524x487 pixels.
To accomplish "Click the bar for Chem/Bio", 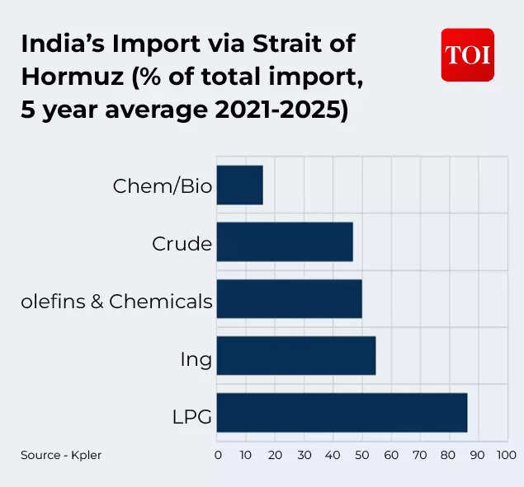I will coord(239,185).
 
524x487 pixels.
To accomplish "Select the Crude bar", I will coord(285,242).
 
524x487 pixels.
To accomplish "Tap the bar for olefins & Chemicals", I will coord(289,299).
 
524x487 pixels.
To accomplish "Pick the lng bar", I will coord(296,356).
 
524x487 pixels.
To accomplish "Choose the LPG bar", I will coord(342,413).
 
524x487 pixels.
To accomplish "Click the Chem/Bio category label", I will coord(162,187).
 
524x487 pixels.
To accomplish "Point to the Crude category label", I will coord(182,244).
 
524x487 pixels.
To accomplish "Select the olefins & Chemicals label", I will coord(116,302).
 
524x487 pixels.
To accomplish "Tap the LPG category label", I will coord(191,417).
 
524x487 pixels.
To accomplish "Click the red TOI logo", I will coord(467,55).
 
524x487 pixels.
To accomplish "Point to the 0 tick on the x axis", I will coord(218,455).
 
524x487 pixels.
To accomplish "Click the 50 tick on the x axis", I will coord(361,455).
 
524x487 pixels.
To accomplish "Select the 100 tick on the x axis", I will coord(506,455).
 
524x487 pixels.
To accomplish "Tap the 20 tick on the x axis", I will coord(275,455).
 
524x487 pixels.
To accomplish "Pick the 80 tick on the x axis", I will coord(448,455).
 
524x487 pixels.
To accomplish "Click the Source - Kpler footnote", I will coord(61,455).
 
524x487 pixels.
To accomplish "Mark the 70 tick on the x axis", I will coord(419,455).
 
